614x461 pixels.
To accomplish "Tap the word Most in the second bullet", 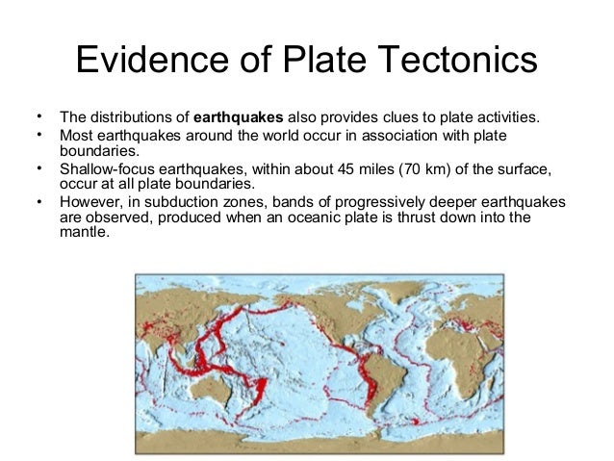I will (x=76, y=137).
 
